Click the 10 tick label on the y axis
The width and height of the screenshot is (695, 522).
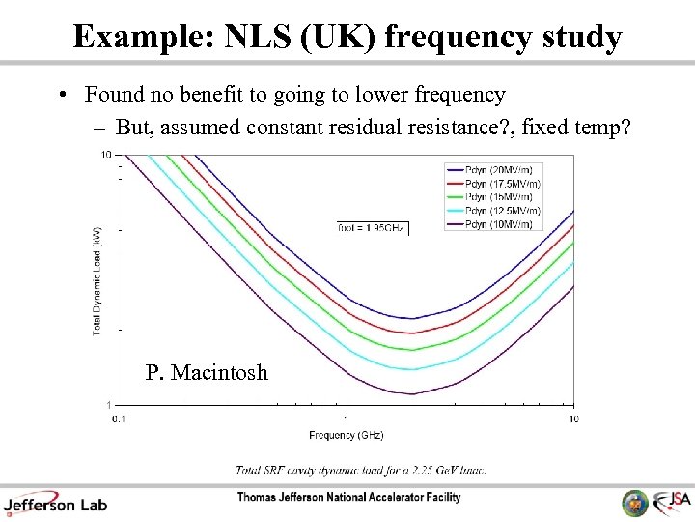(106, 155)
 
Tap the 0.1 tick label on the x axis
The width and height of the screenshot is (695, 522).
(118, 419)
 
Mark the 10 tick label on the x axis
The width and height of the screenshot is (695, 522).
(573, 419)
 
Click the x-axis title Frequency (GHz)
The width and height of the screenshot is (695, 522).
(346, 436)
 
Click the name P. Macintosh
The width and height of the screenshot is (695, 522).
(207, 372)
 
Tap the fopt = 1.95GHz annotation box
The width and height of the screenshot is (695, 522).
(373, 228)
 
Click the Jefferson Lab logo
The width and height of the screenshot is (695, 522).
(55, 503)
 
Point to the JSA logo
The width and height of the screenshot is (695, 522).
(672, 502)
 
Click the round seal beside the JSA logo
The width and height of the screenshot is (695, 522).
(634, 503)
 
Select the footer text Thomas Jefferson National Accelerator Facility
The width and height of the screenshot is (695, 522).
(348, 498)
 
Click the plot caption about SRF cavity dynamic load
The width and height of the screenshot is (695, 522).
(361, 470)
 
